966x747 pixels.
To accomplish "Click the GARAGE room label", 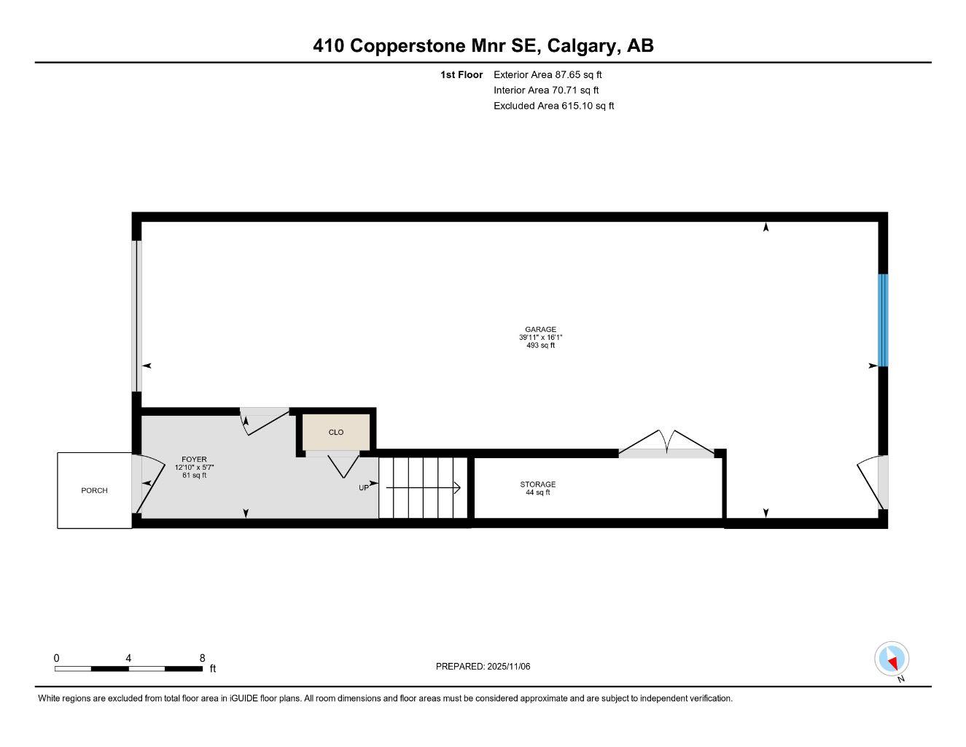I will pos(540,330).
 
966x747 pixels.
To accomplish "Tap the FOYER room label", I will pos(194,460).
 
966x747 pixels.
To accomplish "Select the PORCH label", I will pos(94,490).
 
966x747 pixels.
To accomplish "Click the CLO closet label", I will pos(335,432).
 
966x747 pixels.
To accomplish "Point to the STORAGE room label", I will pos(537,484).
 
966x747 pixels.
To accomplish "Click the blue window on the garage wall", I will pos(883,320).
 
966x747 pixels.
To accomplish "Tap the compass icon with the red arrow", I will pos(892,659).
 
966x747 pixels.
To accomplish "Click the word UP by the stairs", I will pos(363,488).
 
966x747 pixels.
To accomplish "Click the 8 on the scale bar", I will pos(202,658).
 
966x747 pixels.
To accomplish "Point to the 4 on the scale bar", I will pos(128,658).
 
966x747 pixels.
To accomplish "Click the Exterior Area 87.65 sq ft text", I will pos(547,74).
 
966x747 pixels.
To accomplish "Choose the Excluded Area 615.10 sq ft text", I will pos(553,106).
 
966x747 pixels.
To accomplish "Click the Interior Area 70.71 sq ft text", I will pos(545,90).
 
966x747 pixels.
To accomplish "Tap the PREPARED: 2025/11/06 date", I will pos(483,666).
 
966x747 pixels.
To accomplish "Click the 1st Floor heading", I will pos(461,74).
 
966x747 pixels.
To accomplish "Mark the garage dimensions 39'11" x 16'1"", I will pos(540,338).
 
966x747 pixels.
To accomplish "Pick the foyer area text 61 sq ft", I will pos(194,476).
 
